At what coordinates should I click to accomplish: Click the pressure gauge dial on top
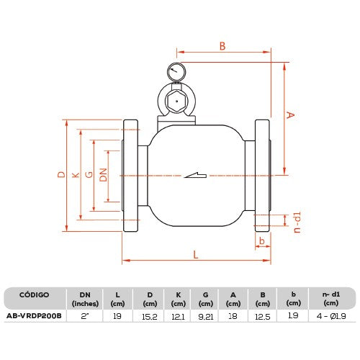click(176, 72)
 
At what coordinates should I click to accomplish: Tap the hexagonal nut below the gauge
click(176, 102)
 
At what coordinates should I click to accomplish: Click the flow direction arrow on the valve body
click(195, 175)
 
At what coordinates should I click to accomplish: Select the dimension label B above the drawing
click(222, 46)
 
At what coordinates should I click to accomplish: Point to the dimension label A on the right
click(290, 114)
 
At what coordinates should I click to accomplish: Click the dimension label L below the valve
click(196, 254)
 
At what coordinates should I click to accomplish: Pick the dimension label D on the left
click(61, 174)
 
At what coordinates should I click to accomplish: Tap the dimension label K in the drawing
click(76, 175)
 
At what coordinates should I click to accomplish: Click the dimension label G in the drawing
click(89, 174)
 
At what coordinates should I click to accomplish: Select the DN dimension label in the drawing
click(104, 175)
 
